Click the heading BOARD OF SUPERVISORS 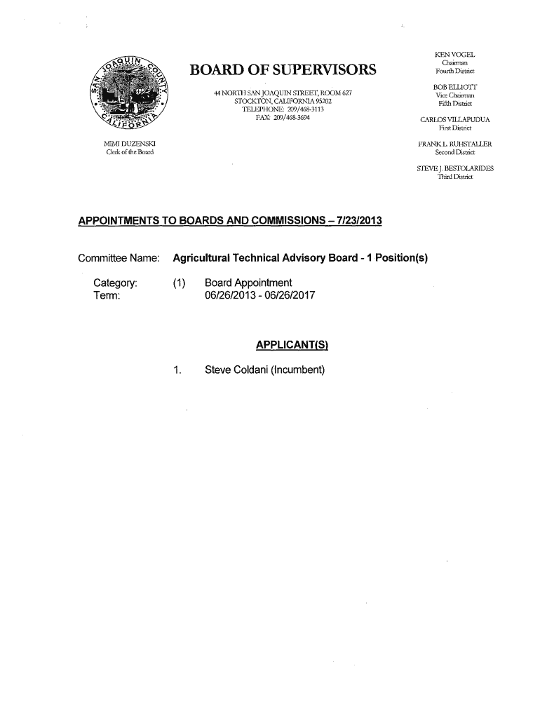click(283, 69)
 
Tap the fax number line click(283, 117)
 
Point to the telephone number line click(283, 109)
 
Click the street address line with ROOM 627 click(283, 94)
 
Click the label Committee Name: click(120, 259)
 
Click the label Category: click(115, 283)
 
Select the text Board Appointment click(248, 283)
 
